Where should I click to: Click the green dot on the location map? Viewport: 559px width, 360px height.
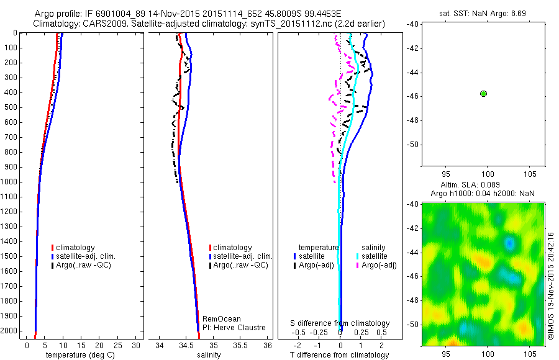(x=483, y=93)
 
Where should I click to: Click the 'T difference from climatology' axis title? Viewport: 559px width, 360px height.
(x=340, y=355)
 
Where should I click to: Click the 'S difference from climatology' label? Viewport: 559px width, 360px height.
(x=340, y=323)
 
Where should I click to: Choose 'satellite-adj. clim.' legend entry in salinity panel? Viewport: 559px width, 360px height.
(x=243, y=256)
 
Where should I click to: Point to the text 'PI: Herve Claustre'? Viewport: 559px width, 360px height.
(x=234, y=328)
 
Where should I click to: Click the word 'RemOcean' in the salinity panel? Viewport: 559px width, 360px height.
(x=218, y=319)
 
